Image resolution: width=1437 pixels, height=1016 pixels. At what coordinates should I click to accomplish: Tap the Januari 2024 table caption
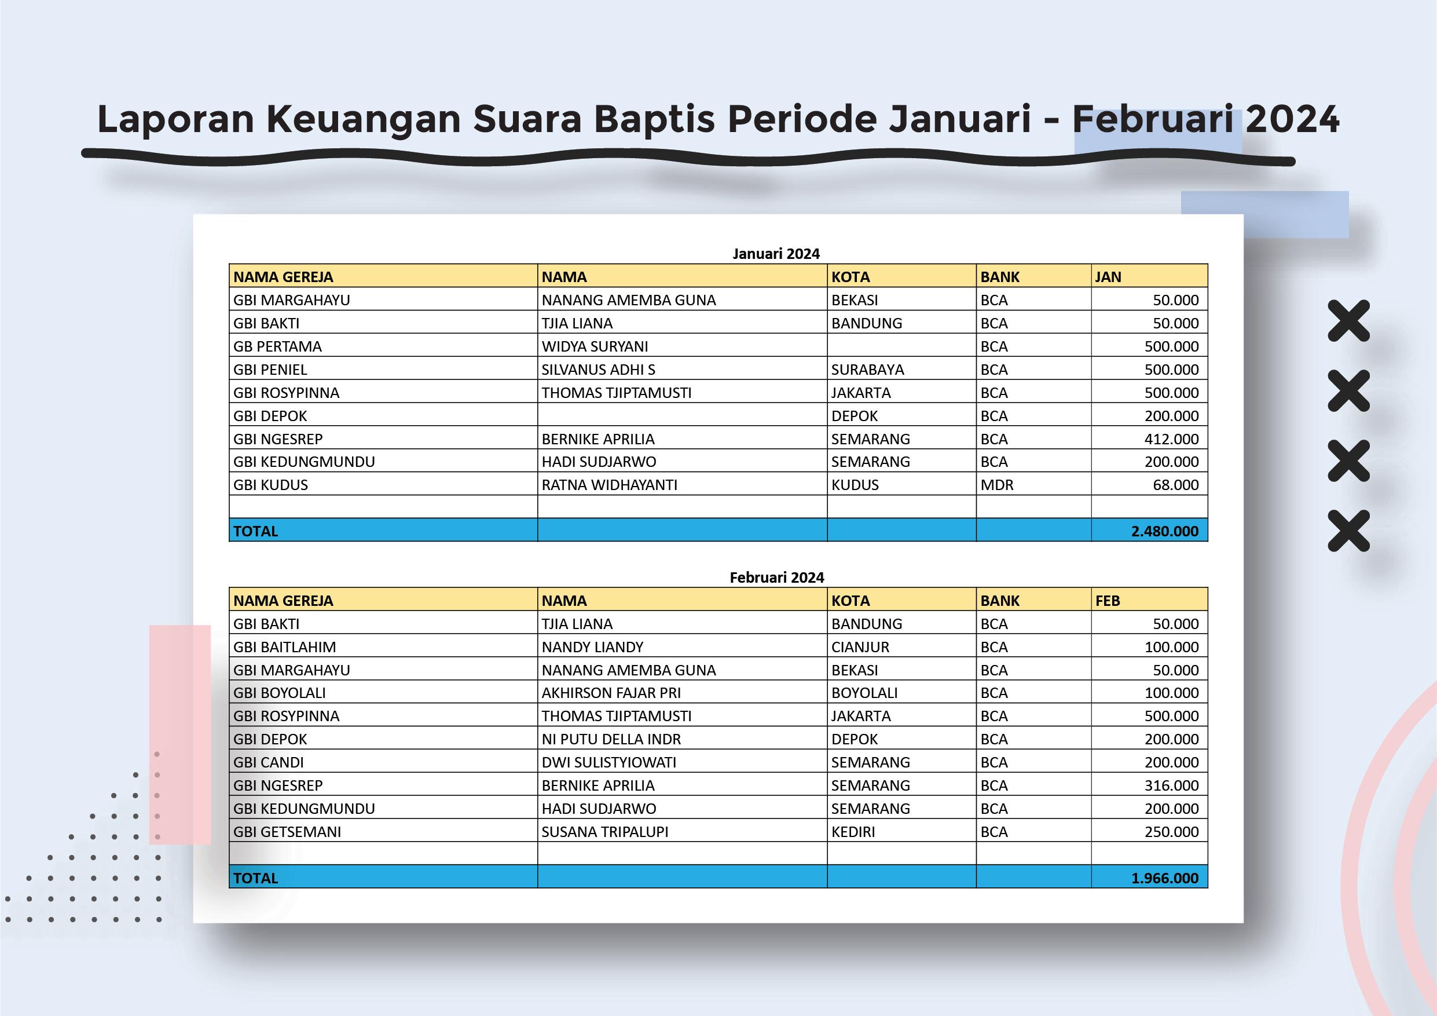tap(775, 254)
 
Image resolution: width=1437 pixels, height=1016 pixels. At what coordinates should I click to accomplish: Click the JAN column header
tap(1108, 277)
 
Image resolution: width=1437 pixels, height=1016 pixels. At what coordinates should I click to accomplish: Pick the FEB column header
tap(1107, 600)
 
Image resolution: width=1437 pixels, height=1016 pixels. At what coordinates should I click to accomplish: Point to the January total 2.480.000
tap(1164, 531)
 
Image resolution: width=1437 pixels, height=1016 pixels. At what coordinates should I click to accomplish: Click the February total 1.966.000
tap(1164, 878)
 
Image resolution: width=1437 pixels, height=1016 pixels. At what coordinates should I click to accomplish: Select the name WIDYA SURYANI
tap(595, 346)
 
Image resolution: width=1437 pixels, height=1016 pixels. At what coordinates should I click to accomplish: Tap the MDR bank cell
tap(996, 484)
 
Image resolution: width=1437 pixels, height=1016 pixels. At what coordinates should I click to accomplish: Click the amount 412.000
tap(1171, 439)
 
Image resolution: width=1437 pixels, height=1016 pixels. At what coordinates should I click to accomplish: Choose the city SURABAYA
tap(867, 370)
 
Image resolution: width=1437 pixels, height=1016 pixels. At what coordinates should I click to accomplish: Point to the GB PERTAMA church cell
tap(277, 346)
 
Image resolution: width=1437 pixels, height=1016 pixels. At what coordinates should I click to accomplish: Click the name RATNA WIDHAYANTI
tap(609, 484)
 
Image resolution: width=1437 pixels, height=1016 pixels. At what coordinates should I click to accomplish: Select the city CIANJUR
tap(860, 646)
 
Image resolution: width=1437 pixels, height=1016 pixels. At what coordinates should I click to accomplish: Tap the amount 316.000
tap(1171, 785)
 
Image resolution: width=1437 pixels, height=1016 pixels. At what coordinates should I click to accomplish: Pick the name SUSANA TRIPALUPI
tap(604, 831)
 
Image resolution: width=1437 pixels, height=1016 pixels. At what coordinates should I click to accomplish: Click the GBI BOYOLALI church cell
tap(279, 692)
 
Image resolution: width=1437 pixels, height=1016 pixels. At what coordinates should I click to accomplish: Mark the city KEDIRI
tap(853, 831)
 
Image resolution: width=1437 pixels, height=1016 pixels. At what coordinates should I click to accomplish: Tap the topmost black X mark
tap(1349, 320)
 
